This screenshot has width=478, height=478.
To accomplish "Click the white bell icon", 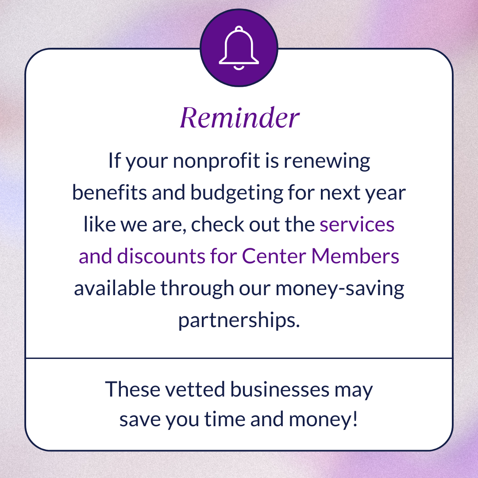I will pyautogui.click(x=239, y=49).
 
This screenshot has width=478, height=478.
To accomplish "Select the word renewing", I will pyautogui.click(x=327, y=162).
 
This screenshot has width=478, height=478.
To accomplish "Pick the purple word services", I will pyautogui.click(x=357, y=225).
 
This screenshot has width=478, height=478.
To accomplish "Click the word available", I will pyautogui.click(x=114, y=289).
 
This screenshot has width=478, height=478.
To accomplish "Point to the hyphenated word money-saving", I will pyautogui.click(x=340, y=289).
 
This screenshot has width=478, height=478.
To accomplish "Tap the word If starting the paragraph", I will pyautogui.click(x=114, y=162).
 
